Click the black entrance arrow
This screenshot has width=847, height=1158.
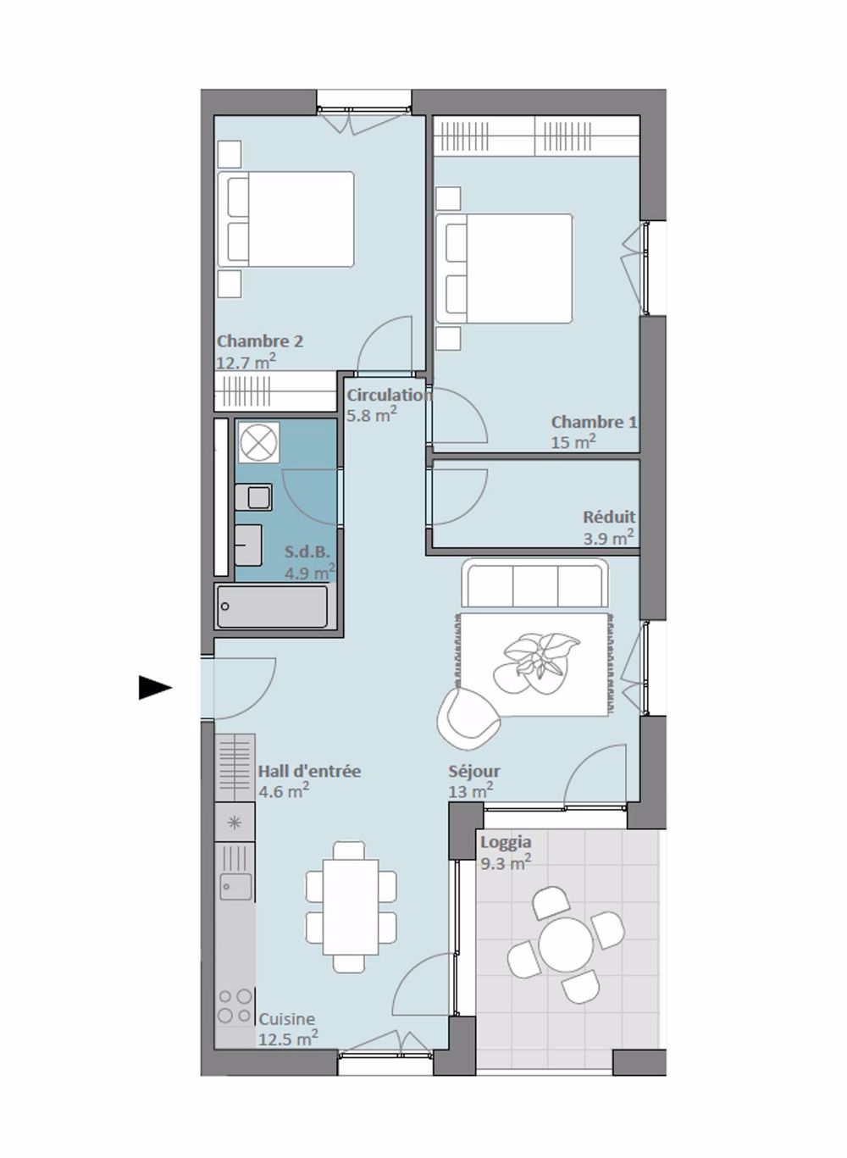[x=155, y=688]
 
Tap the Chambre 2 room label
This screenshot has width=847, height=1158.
[x=259, y=341]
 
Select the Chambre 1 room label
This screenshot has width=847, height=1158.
[x=594, y=422]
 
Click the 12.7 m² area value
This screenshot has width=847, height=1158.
[x=246, y=363]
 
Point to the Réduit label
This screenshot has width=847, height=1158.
[x=608, y=517]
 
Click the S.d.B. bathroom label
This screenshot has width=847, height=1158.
[x=307, y=552]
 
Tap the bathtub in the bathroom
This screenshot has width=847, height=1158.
[x=272, y=607]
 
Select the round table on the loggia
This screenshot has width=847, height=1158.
[x=566, y=945]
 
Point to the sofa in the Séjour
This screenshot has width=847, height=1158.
[x=534, y=584]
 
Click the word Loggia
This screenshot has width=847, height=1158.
[x=506, y=842]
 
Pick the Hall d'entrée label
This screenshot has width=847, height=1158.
[x=309, y=771]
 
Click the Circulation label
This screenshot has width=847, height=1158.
[x=389, y=395]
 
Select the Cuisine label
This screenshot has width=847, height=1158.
[x=286, y=1019]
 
